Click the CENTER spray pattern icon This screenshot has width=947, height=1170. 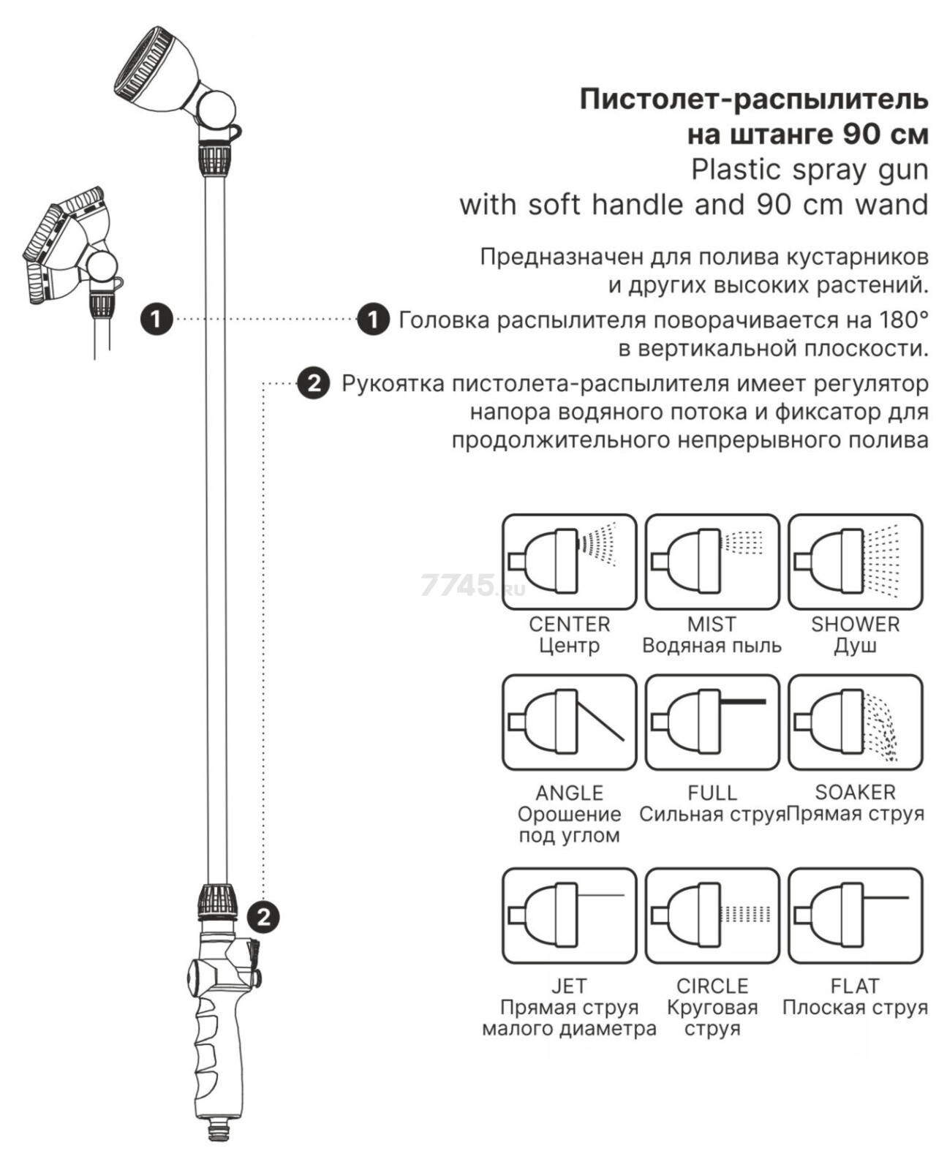(x=569, y=562)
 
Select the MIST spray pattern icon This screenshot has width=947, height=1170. (x=712, y=562)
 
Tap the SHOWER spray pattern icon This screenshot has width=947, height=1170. (x=855, y=562)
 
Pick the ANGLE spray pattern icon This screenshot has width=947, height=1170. (x=569, y=722)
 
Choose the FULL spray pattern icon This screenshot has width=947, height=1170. (x=712, y=722)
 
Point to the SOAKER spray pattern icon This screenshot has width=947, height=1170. (x=855, y=722)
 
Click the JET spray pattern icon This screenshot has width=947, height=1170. (x=569, y=916)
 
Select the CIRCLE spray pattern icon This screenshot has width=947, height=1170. (x=712, y=916)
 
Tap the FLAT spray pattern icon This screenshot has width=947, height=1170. (x=855, y=916)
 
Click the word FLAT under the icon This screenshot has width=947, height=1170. (x=855, y=986)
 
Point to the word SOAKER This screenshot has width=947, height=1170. (x=855, y=792)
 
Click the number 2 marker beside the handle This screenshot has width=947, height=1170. (x=263, y=916)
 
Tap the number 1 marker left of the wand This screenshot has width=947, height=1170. (x=156, y=319)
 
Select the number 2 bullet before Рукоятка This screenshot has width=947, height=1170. (x=313, y=383)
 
